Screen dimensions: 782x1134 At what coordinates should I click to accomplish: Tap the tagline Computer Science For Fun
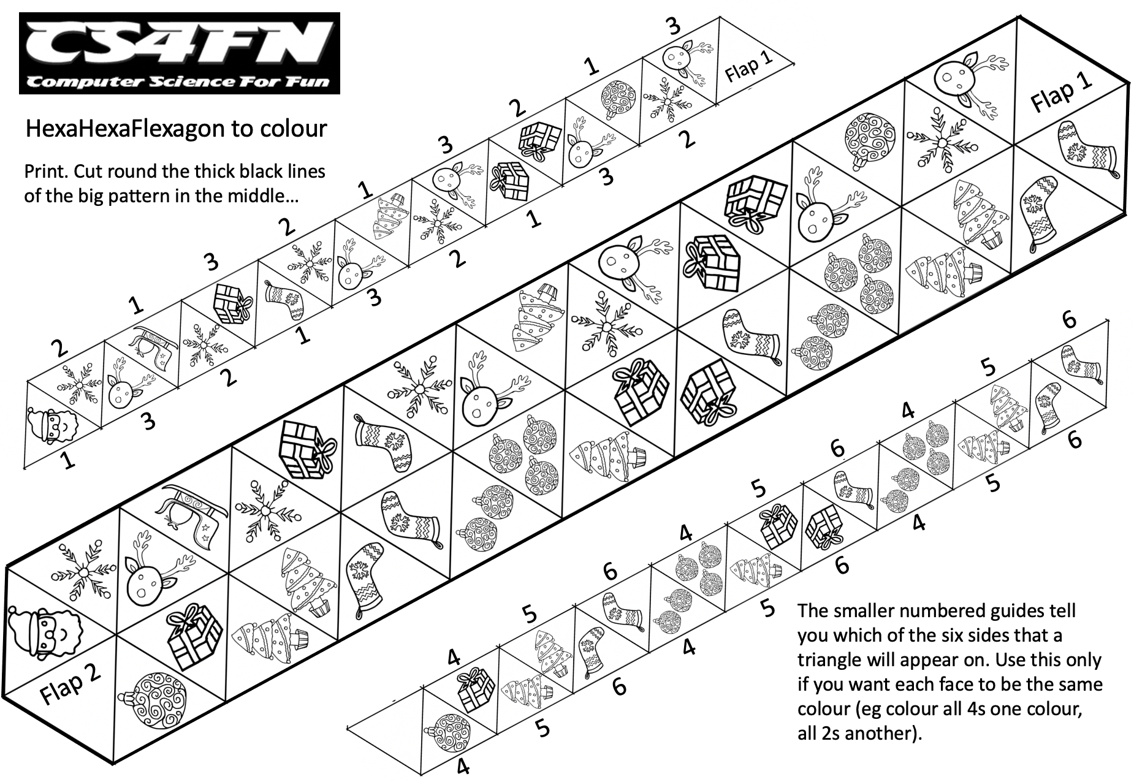tap(179, 82)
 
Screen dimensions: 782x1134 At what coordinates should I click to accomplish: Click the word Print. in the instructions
tap(45, 171)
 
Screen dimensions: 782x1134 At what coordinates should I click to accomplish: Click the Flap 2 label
tap(70, 683)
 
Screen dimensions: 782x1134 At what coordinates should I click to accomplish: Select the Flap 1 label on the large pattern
tap(1062, 95)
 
